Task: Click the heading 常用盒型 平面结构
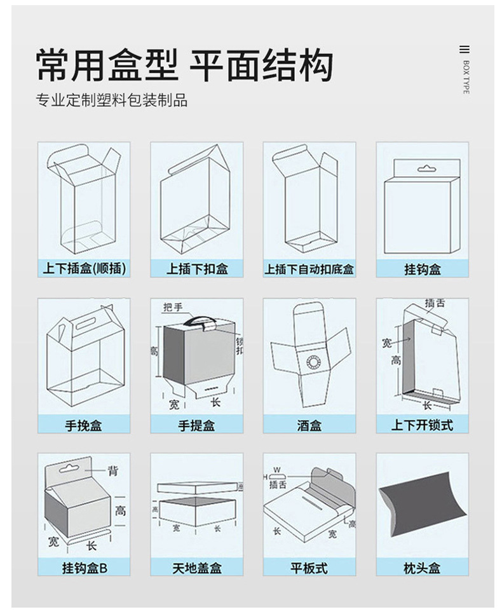(184, 65)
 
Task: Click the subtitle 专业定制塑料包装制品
(112, 100)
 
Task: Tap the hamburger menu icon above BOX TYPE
(465, 50)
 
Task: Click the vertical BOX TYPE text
(466, 77)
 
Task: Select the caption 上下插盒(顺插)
(84, 269)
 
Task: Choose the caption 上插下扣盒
(196, 269)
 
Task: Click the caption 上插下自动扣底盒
(309, 269)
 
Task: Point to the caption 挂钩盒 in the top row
(422, 269)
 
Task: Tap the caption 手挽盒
(84, 425)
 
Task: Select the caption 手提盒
(196, 425)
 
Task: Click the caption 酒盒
(309, 425)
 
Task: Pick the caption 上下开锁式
(422, 425)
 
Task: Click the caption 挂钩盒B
(84, 567)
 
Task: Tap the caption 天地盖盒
(196, 567)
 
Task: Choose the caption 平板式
(309, 567)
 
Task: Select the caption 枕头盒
(422, 567)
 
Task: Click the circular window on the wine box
(313, 362)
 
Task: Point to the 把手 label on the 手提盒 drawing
(172, 307)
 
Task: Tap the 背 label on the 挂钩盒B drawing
(112, 471)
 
